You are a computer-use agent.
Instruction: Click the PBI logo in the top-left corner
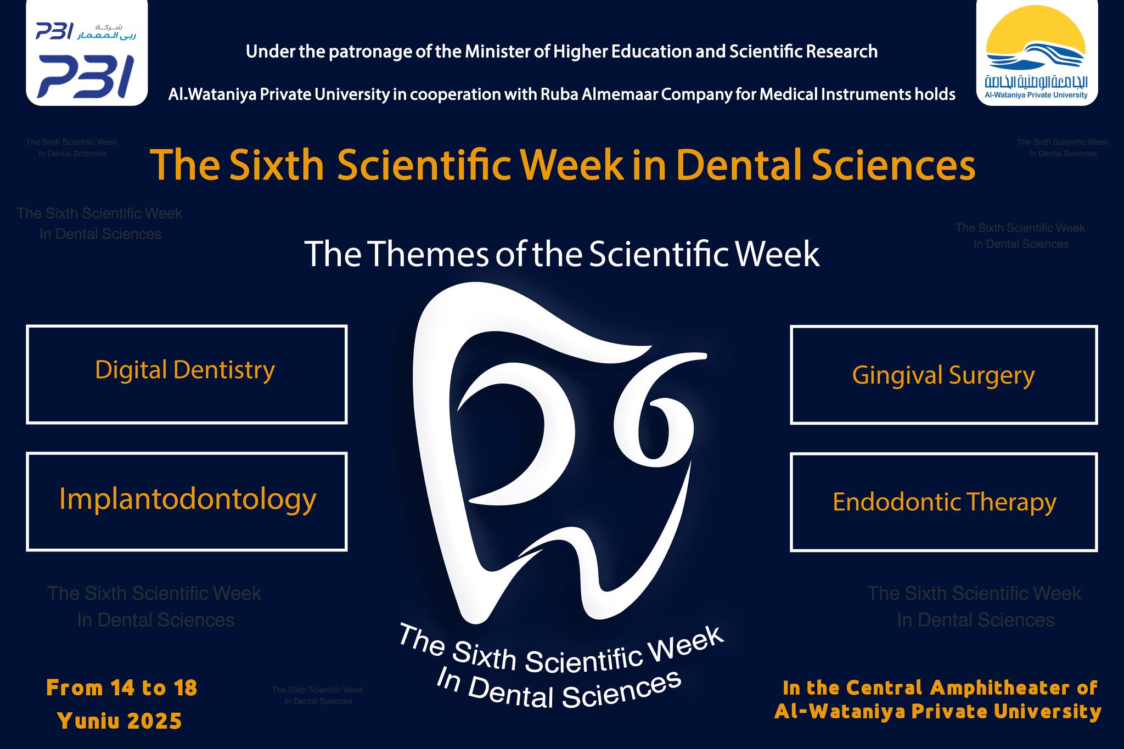coord(87,53)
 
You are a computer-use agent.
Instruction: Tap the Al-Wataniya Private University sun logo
coord(1037,53)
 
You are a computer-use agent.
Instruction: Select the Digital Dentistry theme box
coord(187,375)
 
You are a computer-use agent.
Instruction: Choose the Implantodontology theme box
coord(187,502)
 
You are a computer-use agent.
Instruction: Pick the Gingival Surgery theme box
coord(944,375)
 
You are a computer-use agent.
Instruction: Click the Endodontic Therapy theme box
coord(944,502)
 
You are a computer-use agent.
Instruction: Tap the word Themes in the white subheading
coord(428,254)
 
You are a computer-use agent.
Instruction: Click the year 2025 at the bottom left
coord(154,721)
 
